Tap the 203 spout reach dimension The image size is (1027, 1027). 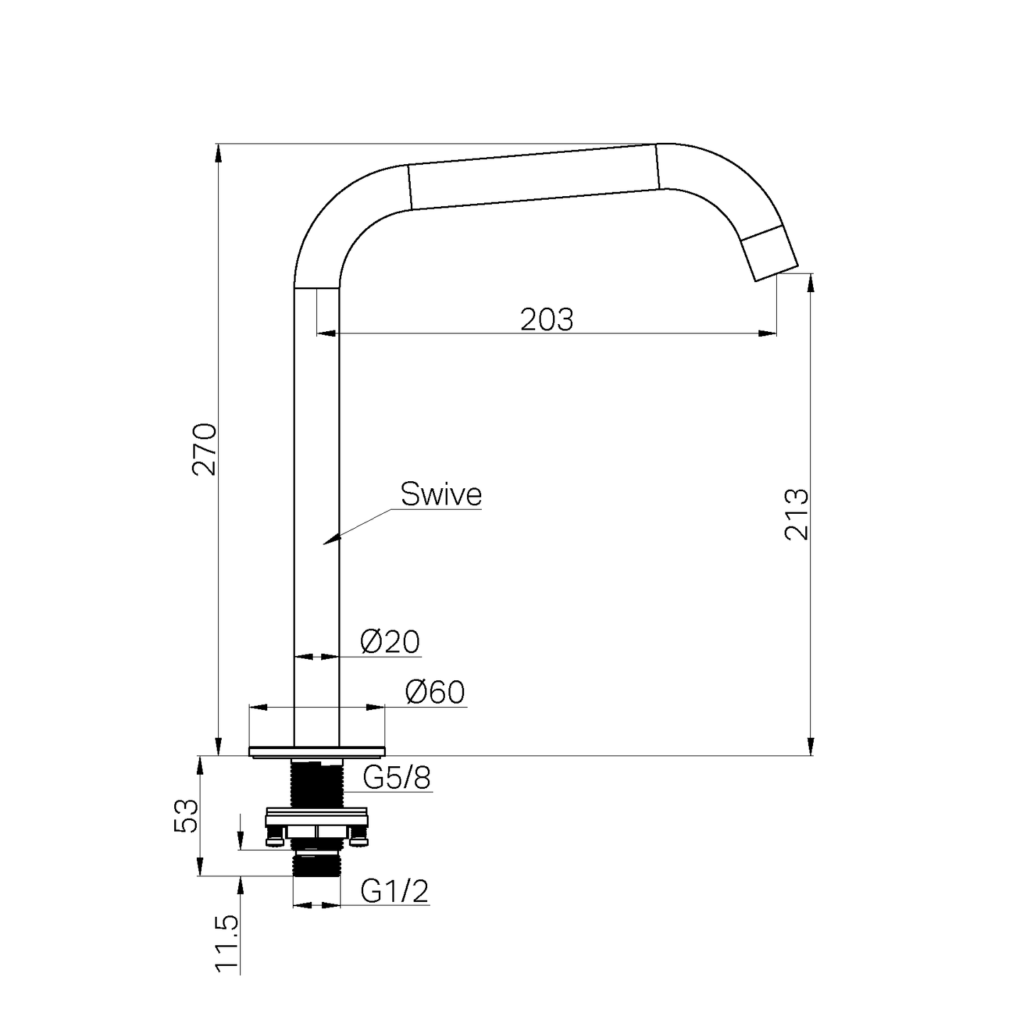coord(547,320)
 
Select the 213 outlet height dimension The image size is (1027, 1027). coord(797,514)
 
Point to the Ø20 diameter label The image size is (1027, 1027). coord(391,642)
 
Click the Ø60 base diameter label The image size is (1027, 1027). coord(435,692)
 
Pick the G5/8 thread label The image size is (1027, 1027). coord(397,778)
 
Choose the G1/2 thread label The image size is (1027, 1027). coord(394,891)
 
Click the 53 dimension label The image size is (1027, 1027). coord(186,815)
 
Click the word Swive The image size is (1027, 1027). coord(441,494)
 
